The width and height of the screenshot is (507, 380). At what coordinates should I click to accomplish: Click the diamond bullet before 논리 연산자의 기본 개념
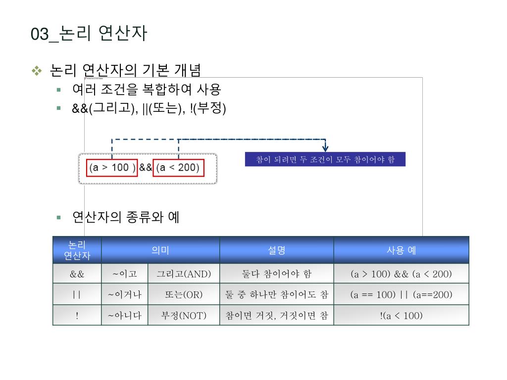pos(38,71)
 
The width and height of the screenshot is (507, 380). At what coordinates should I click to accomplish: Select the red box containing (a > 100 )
pos(112,168)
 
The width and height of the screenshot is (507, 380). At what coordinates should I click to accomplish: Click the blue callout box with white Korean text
pos(325,159)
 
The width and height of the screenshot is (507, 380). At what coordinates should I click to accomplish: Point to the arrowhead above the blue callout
pos(325,147)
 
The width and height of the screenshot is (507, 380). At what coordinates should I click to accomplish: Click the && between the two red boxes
pos(146,168)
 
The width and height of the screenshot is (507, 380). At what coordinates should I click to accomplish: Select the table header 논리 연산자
pos(77,250)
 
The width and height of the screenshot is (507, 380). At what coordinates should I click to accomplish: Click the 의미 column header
pos(160,250)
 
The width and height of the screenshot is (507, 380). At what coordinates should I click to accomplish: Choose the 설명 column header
pos(277,250)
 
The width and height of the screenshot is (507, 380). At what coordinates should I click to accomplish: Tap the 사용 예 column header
pos(401,250)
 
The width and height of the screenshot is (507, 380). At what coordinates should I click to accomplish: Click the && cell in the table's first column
pos(77,274)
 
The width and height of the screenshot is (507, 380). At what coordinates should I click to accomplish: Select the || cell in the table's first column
pos(77,295)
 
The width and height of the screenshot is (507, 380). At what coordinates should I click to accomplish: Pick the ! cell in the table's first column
pos(77,316)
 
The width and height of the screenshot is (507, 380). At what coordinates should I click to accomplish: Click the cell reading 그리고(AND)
pos(184,274)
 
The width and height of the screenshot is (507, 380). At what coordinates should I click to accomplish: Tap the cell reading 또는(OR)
pos(184,295)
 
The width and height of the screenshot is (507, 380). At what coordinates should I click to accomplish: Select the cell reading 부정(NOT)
pos(184,316)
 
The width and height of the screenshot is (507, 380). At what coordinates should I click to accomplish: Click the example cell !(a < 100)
pos(401,316)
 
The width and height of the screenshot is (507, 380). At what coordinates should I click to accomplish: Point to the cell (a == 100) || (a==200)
pos(401,295)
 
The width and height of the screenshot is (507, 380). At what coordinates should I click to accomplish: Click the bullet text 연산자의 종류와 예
pos(126,217)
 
